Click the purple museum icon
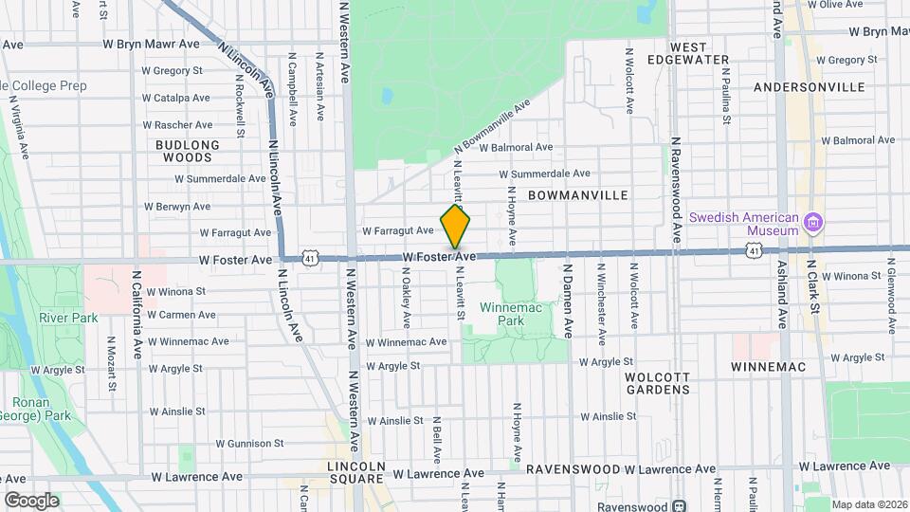tap(812, 224)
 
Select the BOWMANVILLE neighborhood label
tap(577, 195)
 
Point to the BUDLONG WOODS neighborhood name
tap(187, 151)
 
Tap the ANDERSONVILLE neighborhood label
tap(809, 86)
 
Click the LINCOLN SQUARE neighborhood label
tap(356, 474)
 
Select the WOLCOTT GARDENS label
tap(657, 382)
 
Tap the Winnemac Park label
tap(509, 314)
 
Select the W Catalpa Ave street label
tap(175, 98)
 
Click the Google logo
tap(31, 500)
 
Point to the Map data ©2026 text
tap(868, 503)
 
